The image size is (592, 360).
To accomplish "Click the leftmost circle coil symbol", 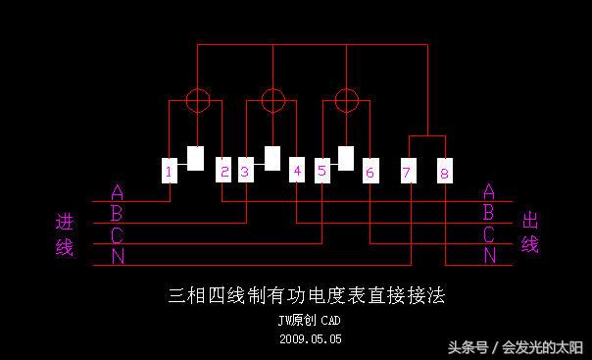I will tap(198, 100).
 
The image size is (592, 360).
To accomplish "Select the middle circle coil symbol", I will tap(271, 100).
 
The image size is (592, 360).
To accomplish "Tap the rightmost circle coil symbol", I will tap(346, 100).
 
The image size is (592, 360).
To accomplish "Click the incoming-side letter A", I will tap(118, 192).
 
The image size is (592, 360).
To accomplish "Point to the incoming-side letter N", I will tap(118, 257).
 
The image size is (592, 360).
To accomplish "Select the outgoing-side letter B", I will tap(489, 213).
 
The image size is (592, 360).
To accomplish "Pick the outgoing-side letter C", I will tap(489, 235).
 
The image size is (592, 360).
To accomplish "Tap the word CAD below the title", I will tap(330, 321).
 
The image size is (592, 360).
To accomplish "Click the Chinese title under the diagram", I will tap(307, 295).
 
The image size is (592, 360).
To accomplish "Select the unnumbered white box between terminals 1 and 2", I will tap(196, 158).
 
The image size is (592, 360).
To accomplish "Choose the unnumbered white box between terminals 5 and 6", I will tap(346, 158).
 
